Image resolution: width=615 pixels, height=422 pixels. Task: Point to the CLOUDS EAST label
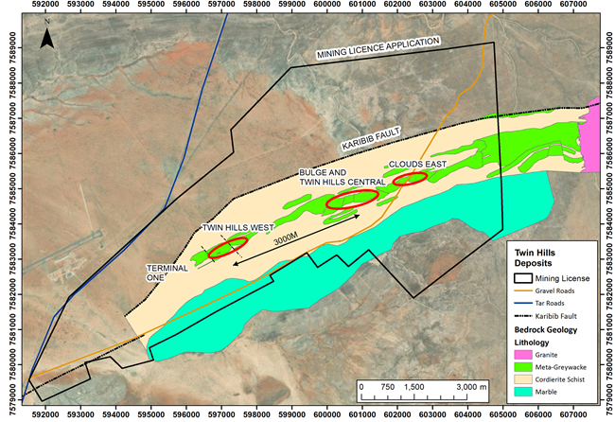(416, 164)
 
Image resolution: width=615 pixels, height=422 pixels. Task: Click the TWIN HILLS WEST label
(237, 227)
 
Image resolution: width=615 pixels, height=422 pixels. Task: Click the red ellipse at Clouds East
(412, 179)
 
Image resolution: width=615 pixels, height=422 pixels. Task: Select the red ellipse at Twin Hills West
(228, 249)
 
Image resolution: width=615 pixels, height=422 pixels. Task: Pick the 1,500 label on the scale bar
(413, 387)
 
